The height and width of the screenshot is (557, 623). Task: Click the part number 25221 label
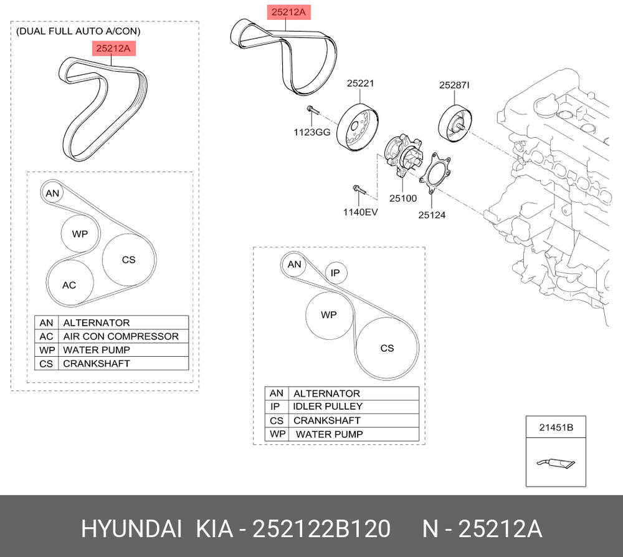(360, 83)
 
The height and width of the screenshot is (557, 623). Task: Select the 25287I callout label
(454, 85)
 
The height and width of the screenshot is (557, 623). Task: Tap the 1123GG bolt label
(312, 132)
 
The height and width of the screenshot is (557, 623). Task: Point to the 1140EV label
(360, 212)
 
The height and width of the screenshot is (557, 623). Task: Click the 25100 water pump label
(403, 198)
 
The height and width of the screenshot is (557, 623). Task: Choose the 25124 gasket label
(432, 215)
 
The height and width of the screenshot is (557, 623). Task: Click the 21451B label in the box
(556, 427)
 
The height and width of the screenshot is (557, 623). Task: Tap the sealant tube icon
(556, 463)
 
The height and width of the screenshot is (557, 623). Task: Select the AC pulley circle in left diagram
(70, 283)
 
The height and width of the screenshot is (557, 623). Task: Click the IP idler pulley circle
(336, 273)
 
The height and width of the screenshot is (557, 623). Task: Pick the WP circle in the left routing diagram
(80, 234)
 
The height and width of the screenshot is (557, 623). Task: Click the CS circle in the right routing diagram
(387, 348)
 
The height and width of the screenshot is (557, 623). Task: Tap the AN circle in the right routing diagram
(294, 264)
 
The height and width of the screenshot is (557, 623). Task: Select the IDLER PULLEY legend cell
(354, 407)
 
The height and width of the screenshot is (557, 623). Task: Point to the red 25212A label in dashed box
(113, 49)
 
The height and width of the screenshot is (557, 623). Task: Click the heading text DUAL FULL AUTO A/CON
(78, 31)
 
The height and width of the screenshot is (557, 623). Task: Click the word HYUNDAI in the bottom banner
(131, 529)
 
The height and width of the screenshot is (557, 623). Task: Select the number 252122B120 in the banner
(321, 529)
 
